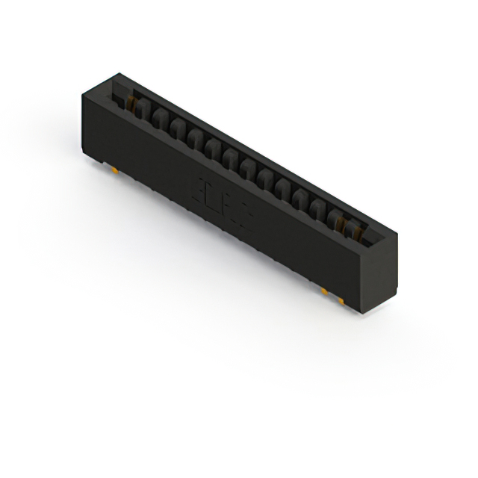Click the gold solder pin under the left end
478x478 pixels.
pos(114,169)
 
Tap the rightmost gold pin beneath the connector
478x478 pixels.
pos(341,299)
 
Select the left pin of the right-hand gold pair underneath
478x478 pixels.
pos(326,288)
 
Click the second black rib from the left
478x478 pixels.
pos(160,122)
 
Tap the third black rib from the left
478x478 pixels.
pos(178,131)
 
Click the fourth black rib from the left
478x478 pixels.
pos(195,140)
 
